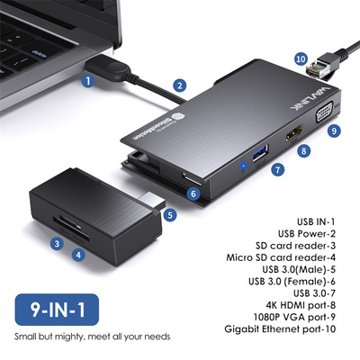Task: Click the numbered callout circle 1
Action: (x=87, y=79)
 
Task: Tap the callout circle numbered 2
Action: (x=180, y=86)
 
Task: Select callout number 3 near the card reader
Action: (x=56, y=242)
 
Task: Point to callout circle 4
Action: (x=79, y=255)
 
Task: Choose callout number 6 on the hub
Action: (x=193, y=192)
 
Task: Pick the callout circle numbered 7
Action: (x=277, y=167)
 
